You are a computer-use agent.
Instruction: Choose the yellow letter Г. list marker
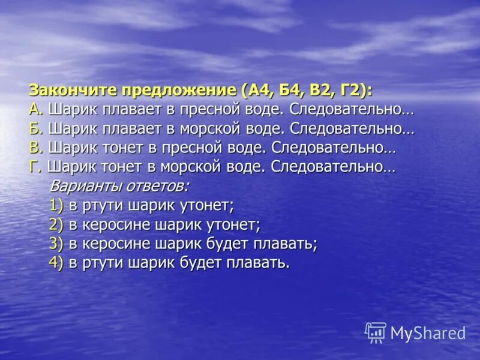(35, 166)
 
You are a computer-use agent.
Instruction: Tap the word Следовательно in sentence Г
(333, 166)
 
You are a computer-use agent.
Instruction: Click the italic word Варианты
(80, 185)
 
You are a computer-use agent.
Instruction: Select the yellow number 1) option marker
(56, 205)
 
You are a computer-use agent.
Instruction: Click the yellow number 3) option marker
(56, 244)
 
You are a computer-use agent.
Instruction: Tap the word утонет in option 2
(233, 224)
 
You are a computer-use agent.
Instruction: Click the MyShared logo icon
(376, 332)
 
